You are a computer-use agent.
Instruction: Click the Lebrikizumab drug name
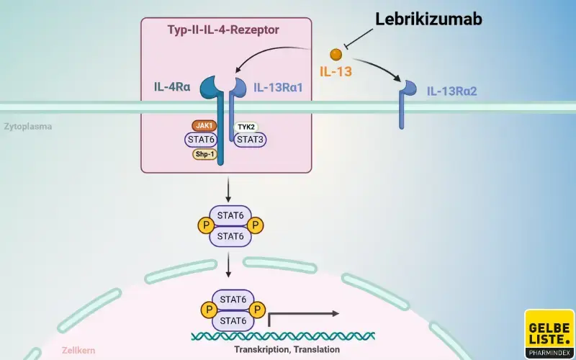click(428, 19)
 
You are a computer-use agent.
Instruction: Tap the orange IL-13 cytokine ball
click(336, 54)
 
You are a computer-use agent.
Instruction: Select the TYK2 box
click(246, 126)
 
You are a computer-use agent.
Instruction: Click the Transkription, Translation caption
click(287, 349)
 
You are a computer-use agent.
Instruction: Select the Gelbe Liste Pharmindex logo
click(549, 333)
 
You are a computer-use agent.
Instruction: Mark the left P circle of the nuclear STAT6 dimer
click(206, 308)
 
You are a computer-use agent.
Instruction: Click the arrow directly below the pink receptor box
click(228, 189)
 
